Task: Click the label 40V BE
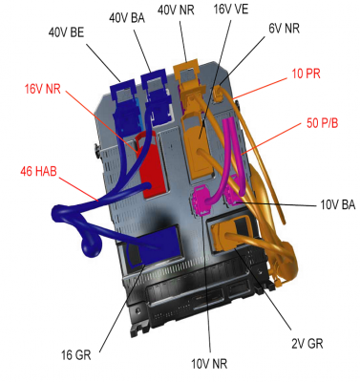click(66, 32)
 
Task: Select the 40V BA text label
click(127, 18)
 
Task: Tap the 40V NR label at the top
click(176, 10)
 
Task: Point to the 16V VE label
click(231, 9)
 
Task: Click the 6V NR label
click(284, 29)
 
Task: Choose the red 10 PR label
click(306, 74)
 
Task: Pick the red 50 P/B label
click(322, 123)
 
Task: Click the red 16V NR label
click(43, 89)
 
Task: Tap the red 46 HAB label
click(38, 171)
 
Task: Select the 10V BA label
click(337, 204)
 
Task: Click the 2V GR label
click(307, 344)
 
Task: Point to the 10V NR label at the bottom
click(209, 364)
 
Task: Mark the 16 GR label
click(76, 355)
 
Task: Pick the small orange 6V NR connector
click(218, 93)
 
